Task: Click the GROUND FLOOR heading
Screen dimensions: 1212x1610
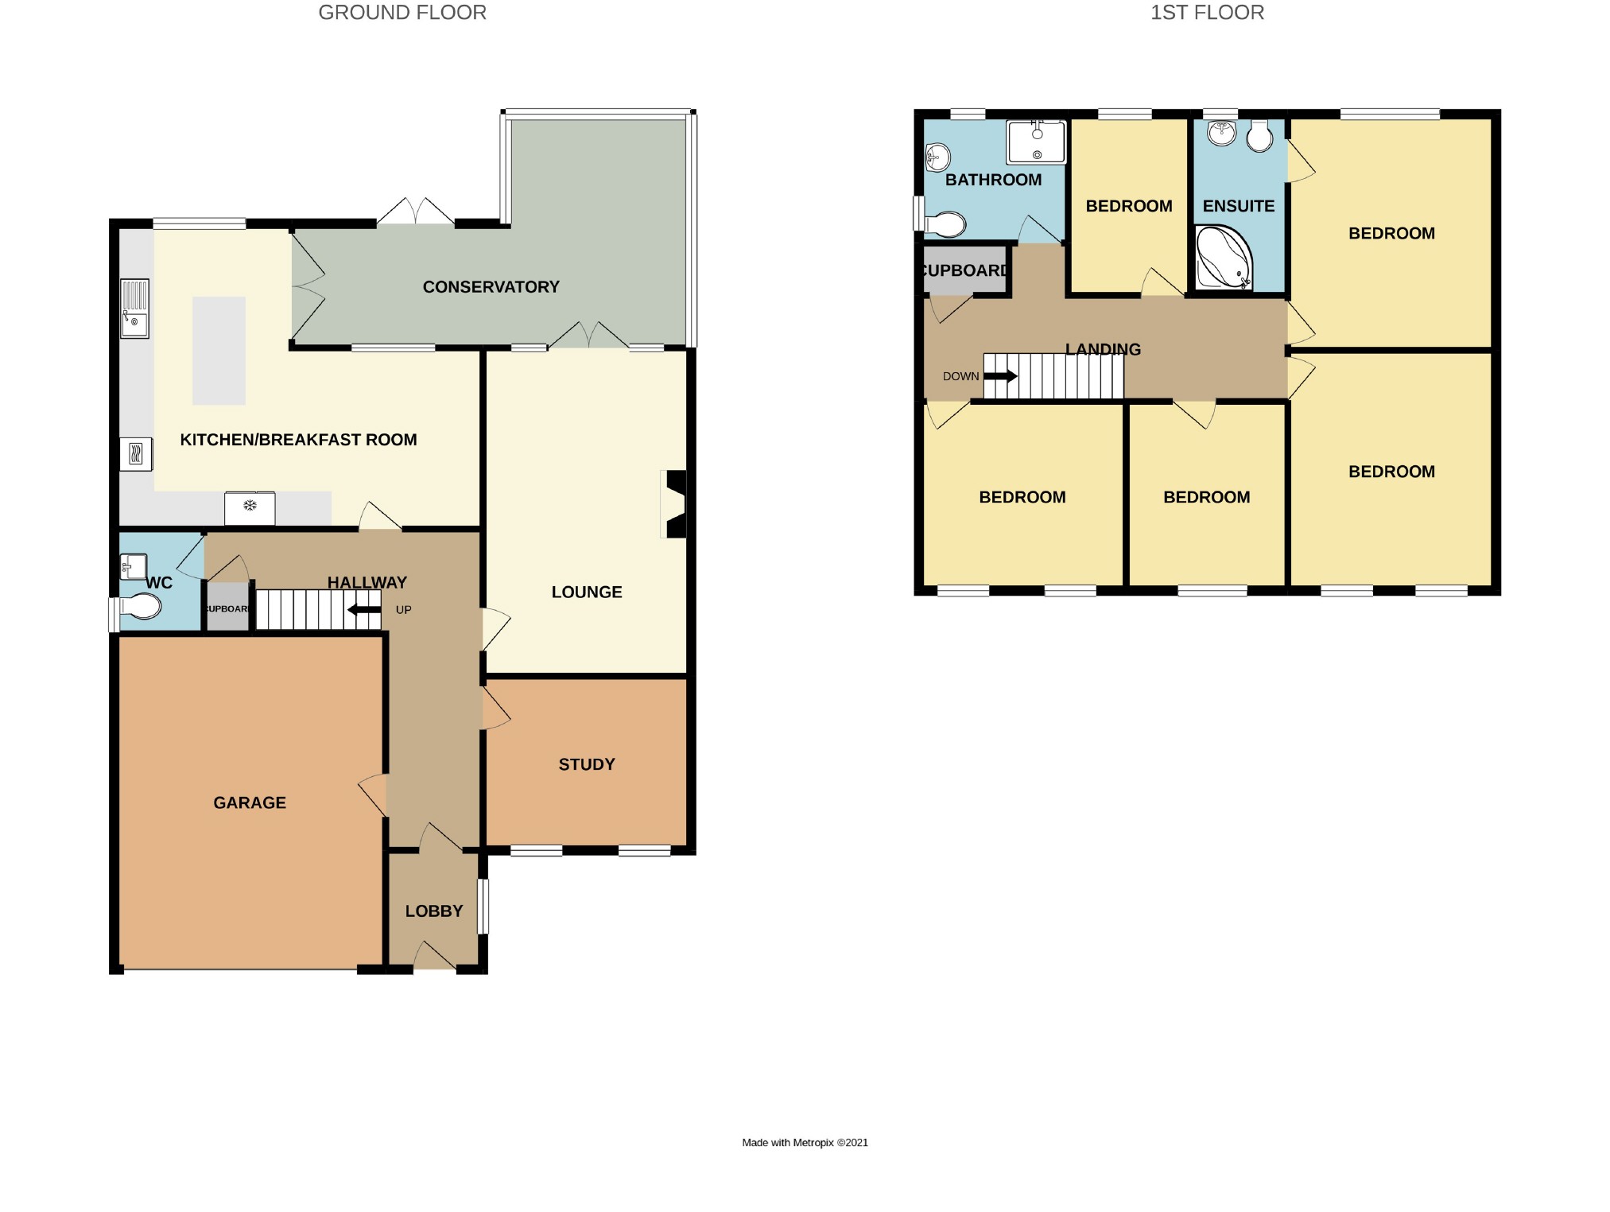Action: click(x=402, y=13)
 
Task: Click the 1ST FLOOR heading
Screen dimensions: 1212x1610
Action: click(x=1206, y=13)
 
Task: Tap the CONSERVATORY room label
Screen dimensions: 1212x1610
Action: click(x=491, y=287)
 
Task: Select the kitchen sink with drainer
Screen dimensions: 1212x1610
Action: click(x=134, y=309)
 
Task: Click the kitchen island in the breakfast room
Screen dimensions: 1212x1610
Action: click(x=219, y=351)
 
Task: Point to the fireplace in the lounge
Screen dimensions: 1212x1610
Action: click(x=674, y=504)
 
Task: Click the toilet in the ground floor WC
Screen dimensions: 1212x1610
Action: click(x=140, y=607)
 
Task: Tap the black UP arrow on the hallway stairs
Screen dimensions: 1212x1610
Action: click(x=364, y=610)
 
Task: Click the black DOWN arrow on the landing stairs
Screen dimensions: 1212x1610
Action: click(x=1001, y=376)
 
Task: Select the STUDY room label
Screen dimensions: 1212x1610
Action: click(x=587, y=764)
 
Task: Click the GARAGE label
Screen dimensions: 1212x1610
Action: click(x=250, y=802)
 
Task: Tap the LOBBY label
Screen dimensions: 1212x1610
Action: click(x=434, y=911)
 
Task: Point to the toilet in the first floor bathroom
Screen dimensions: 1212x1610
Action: click(x=944, y=224)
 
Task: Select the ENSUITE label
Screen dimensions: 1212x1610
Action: click(x=1238, y=206)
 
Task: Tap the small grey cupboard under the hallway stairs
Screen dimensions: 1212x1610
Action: click(x=227, y=608)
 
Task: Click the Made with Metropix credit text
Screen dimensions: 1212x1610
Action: click(x=805, y=1143)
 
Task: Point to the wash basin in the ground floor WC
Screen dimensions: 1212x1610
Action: click(x=133, y=567)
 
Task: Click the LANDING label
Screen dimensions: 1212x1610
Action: click(x=1103, y=349)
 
